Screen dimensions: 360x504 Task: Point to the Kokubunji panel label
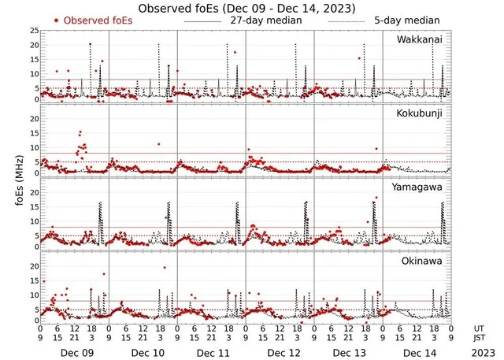tap(421, 113)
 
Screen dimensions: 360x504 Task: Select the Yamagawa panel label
tap(421, 187)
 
